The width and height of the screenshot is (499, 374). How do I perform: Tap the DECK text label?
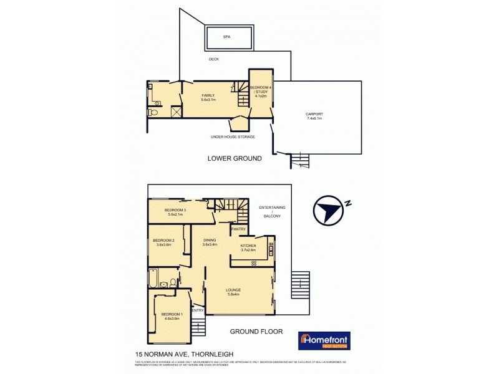click(214, 59)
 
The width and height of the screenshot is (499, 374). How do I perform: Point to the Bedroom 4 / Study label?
click(261, 91)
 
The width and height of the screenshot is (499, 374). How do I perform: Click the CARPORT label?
click(314, 116)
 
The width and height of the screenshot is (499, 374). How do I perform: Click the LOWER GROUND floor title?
click(235, 159)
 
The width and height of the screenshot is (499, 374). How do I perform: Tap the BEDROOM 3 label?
click(175, 212)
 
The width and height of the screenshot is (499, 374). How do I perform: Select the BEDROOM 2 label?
click(165, 242)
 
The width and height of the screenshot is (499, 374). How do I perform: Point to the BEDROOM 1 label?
click(171, 316)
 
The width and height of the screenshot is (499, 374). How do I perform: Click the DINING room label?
click(209, 242)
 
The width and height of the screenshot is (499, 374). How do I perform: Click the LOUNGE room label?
click(234, 292)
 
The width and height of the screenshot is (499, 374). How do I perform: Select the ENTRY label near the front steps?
click(198, 310)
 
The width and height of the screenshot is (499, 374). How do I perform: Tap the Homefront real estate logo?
click(324, 340)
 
